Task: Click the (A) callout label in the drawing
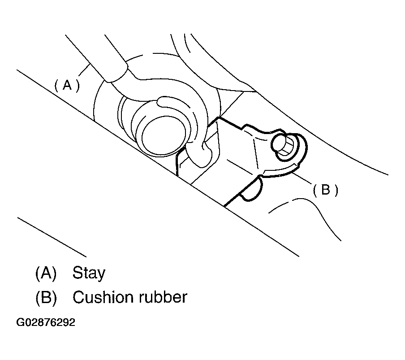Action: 67,85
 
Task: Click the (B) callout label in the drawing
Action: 325,190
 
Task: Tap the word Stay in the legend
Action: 89,273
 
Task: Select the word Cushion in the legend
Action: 103,297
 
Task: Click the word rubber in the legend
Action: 163,297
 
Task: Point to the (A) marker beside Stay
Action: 46,273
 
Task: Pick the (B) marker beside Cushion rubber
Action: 46,297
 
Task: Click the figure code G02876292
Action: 46,322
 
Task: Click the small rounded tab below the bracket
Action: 252,190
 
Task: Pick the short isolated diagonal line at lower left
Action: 52,237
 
